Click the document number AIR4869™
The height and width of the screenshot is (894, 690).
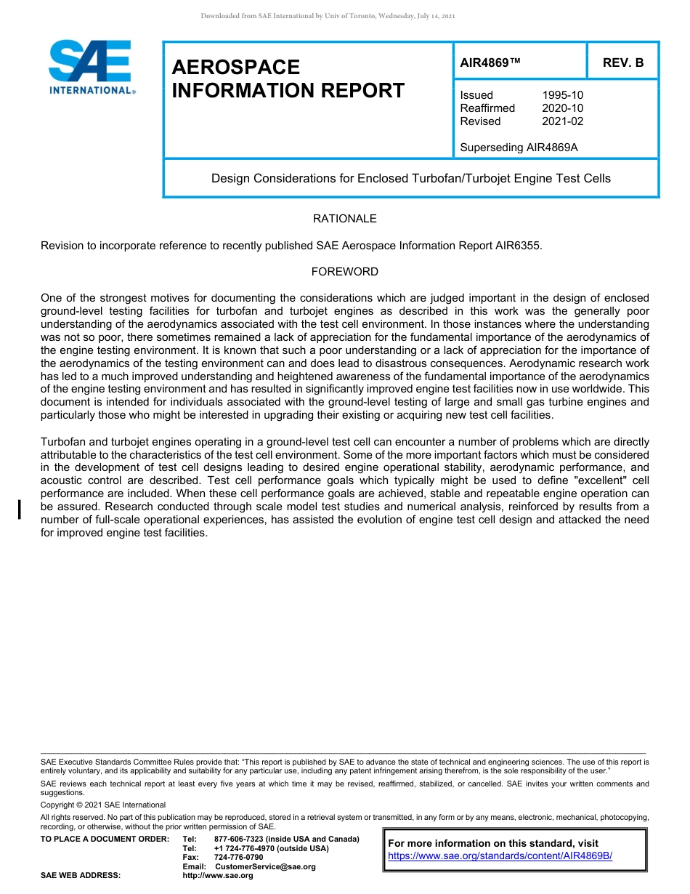point(490,63)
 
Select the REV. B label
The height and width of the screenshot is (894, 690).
point(622,63)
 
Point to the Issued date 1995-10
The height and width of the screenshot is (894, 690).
point(562,95)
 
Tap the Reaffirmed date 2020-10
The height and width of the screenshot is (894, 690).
point(562,108)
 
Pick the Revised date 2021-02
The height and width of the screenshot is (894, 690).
point(562,121)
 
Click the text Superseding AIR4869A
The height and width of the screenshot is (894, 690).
point(519,148)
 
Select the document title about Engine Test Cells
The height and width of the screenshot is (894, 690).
point(410,178)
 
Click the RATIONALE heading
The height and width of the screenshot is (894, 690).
point(344,219)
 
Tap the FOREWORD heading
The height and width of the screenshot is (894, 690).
point(344,272)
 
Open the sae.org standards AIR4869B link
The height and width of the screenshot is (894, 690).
point(500,856)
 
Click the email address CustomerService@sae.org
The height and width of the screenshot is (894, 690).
point(265,866)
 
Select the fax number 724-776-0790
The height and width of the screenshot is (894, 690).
point(238,858)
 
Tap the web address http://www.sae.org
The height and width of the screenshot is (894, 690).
point(218,876)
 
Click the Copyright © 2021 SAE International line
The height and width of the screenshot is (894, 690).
point(103,805)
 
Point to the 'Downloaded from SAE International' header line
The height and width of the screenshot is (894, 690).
point(327,16)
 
